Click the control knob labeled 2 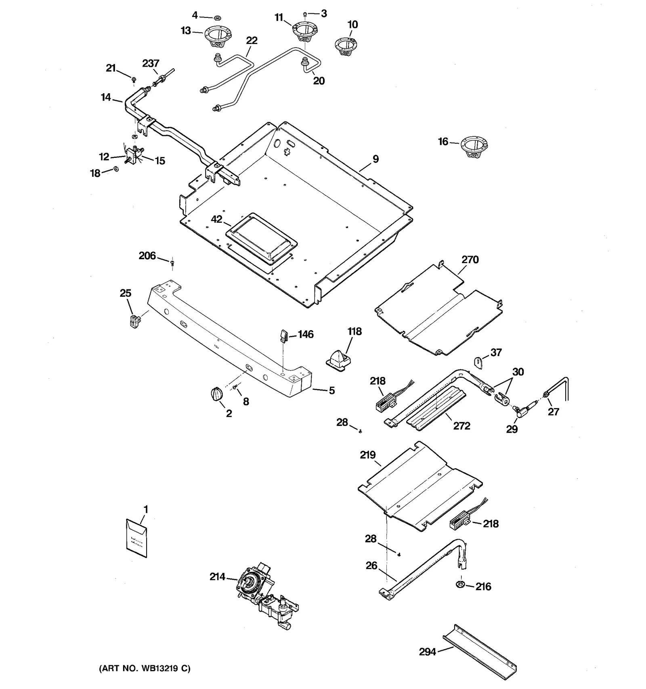click(217, 394)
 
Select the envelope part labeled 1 click(136, 538)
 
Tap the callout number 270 click(470, 260)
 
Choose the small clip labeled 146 click(283, 335)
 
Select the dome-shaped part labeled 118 click(338, 359)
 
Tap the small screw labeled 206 click(172, 263)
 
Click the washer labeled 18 click(116, 169)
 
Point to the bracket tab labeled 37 click(478, 362)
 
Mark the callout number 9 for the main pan click(375, 159)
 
